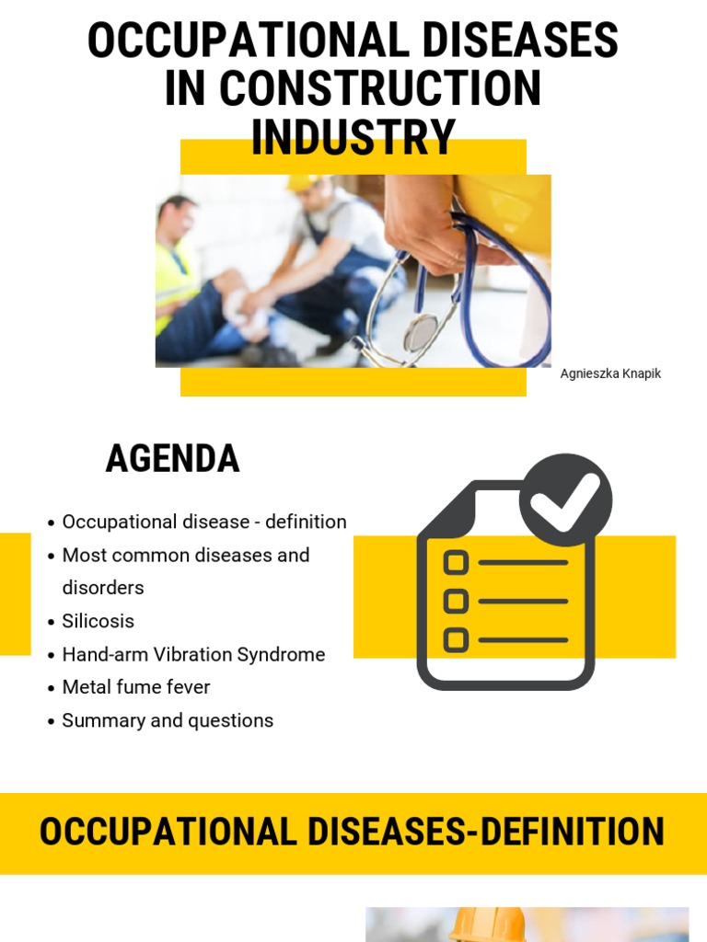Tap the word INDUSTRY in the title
(353, 137)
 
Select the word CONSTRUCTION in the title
(379, 89)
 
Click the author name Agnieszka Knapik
(610, 373)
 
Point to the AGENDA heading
(172, 458)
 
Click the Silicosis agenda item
(98, 621)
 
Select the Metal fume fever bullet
(135, 687)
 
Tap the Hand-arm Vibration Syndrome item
(193, 654)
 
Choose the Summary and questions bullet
(168, 720)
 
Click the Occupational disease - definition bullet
(203, 522)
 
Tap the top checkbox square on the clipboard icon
(456, 562)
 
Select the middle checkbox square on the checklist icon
(456, 601)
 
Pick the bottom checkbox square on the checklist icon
(456, 639)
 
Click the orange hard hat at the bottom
(487, 925)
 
